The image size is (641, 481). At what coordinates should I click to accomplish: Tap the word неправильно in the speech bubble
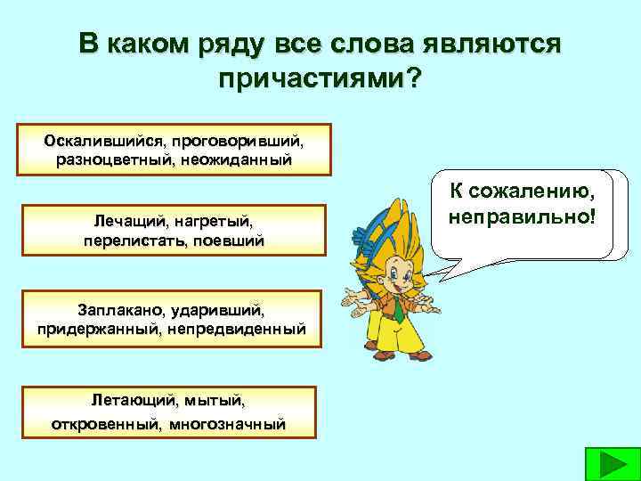coord(522,216)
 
